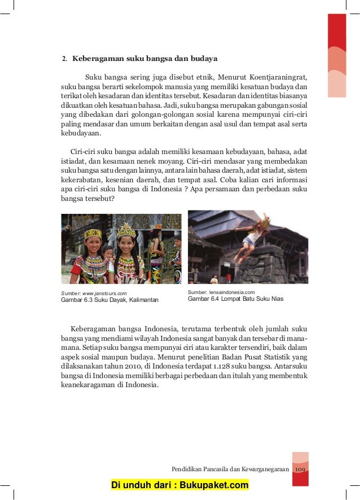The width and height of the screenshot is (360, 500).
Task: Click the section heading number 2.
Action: pyautogui.click(x=64, y=58)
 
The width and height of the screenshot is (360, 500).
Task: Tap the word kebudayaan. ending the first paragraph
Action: pyautogui.click(x=81, y=134)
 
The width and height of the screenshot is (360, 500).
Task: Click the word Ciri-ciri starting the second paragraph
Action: pyautogui.click(x=83, y=151)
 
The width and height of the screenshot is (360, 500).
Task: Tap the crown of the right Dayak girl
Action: pyautogui.click(x=126, y=230)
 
